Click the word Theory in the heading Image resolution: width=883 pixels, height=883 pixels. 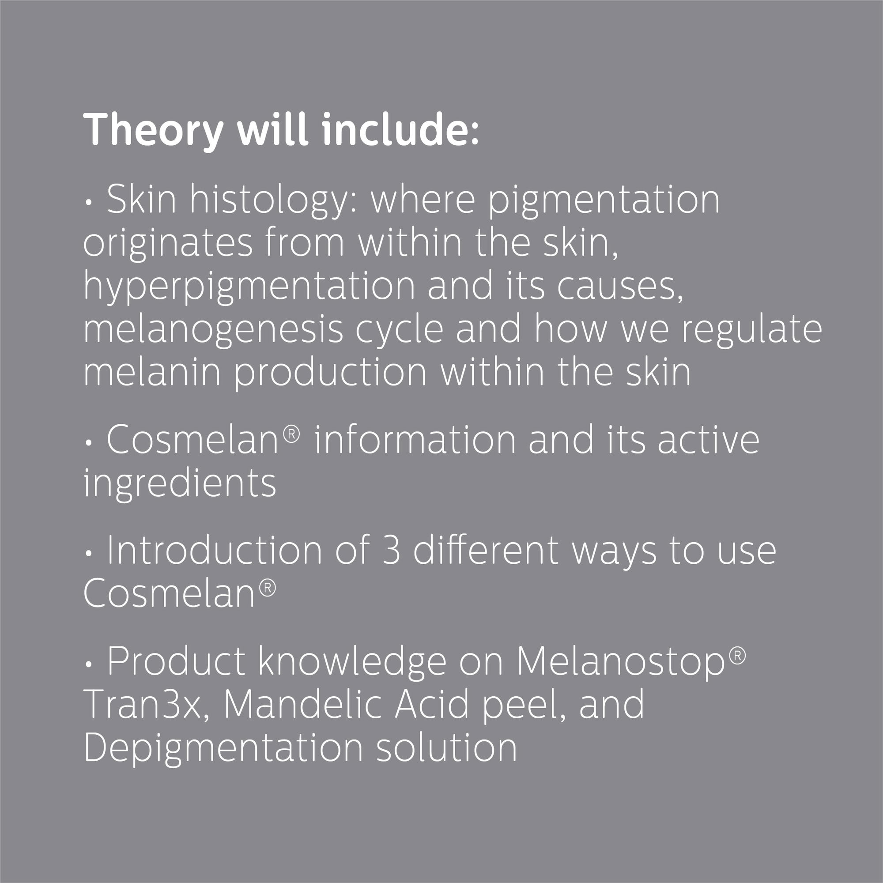tap(153, 130)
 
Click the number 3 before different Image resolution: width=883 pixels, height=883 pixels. tap(391, 551)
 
